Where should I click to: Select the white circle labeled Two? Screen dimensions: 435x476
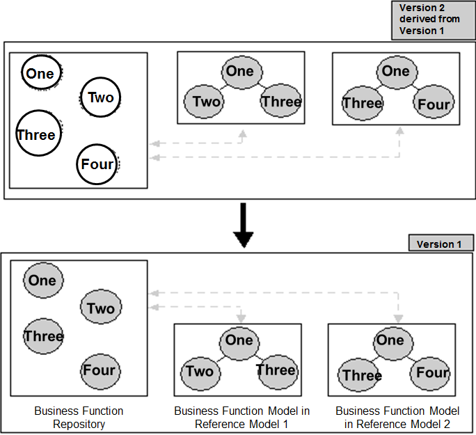click(x=100, y=97)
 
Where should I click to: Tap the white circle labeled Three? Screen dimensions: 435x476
click(x=36, y=135)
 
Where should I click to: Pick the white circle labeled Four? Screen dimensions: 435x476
click(x=97, y=165)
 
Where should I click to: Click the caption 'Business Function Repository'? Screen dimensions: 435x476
click(x=79, y=417)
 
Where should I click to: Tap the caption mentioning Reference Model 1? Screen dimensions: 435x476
click(x=237, y=417)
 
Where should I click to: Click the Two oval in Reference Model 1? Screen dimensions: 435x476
click(x=200, y=371)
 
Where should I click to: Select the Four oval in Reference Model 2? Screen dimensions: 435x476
click(x=432, y=373)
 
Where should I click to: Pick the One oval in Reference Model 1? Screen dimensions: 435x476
click(x=239, y=340)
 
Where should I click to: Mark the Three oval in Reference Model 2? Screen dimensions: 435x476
click(x=362, y=376)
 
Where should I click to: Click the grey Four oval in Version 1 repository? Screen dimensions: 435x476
click(x=99, y=370)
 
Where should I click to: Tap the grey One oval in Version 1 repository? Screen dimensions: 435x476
click(x=42, y=280)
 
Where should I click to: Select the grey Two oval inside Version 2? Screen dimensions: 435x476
click(x=206, y=102)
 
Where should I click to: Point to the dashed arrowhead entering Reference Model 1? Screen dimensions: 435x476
click(x=241, y=317)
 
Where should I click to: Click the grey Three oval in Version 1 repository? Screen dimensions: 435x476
click(x=43, y=336)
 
